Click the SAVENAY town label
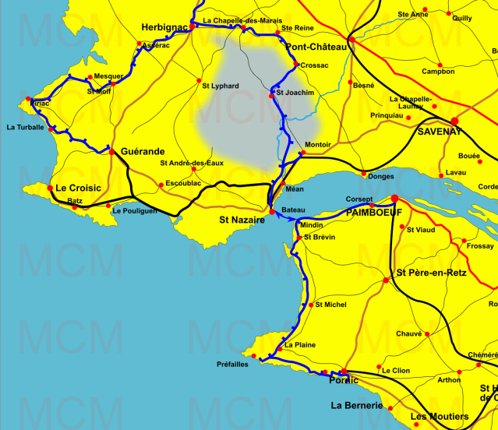click(x=440, y=131)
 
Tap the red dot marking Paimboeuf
click(x=394, y=199)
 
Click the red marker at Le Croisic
click(x=50, y=188)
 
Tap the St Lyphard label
click(x=221, y=86)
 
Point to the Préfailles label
click(x=232, y=364)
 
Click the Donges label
click(x=380, y=177)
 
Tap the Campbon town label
click(x=438, y=72)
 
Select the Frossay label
click(x=480, y=245)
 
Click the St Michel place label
click(x=331, y=305)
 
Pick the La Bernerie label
click(x=357, y=405)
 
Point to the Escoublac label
click(x=183, y=183)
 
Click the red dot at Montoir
click(x=302, y=153)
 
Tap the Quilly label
click(x=461, y=17)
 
